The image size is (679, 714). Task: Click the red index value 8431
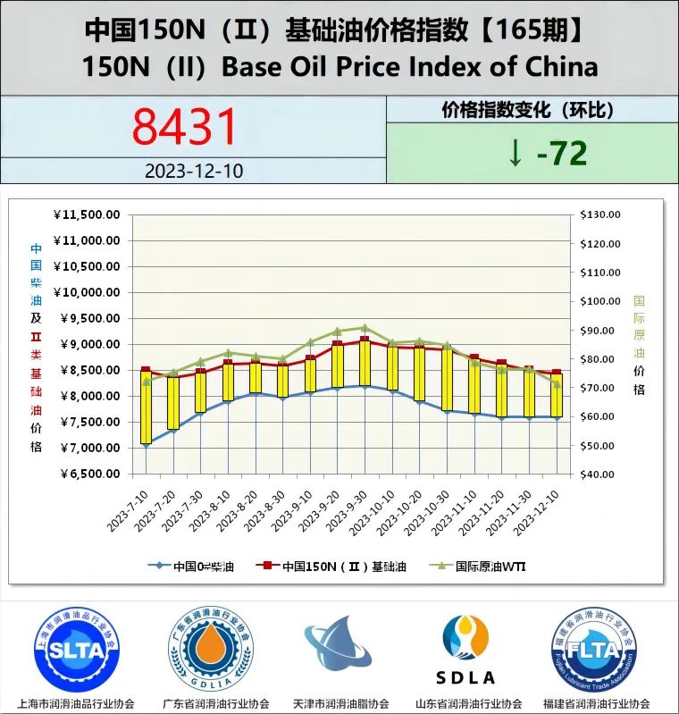pyautogui.click(x=186, y=126)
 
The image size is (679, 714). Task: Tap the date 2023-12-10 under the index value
pyautogui.click(x=193, y=171)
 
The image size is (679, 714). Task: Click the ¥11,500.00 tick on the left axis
pyautogui.click(x=87, y=214)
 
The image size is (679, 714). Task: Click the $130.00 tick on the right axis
pyautogui.click(x=599, y=214)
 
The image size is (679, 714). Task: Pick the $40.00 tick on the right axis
pyautogui.click(x=599, y=474)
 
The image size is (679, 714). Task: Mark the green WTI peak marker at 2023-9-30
pyautogui.click(x=365, y=327)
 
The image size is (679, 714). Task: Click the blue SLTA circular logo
pyautogui.click(x=77, y=651)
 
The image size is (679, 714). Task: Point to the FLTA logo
pyautogui.click(x=594, y=651)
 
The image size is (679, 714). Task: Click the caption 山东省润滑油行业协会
pyautogui.click(x=469, y=703)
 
